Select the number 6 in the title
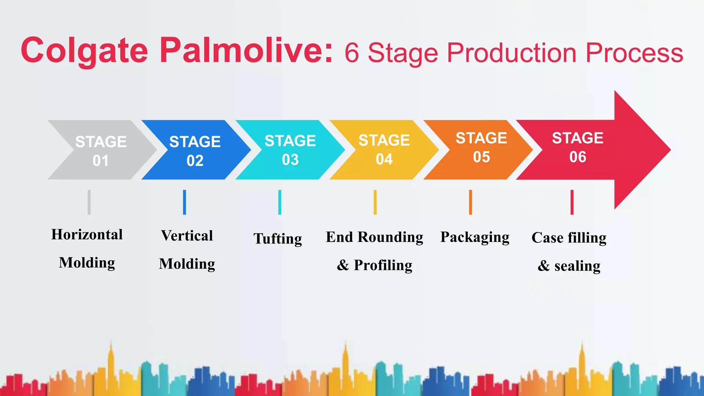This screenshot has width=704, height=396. [x=352, y=53]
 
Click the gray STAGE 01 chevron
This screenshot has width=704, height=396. [x=101, y=151]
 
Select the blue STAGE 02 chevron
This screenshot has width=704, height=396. [x=195, y=151]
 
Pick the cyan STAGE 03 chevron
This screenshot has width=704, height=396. [x=290, y=150]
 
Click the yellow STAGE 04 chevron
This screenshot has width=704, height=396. [x=384, y=150]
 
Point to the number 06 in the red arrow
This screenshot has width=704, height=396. [x=577, y=157]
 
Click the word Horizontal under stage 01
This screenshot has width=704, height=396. [x=87, y=235]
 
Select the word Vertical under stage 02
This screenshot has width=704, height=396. [x=187, y=236]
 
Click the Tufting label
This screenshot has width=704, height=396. [x=278, y=239]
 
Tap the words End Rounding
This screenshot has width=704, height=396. [x=374, y=237]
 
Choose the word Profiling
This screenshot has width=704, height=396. [x=383, y=265]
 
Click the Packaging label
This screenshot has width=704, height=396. [x=475, y=237]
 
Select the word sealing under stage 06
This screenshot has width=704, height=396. [x=577, y=266]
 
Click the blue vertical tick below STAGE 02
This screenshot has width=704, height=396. [x=185, y=202]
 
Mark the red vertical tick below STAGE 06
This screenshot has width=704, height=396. [x=572, y=202]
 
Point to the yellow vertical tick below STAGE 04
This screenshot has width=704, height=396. [x=375, y=202]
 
